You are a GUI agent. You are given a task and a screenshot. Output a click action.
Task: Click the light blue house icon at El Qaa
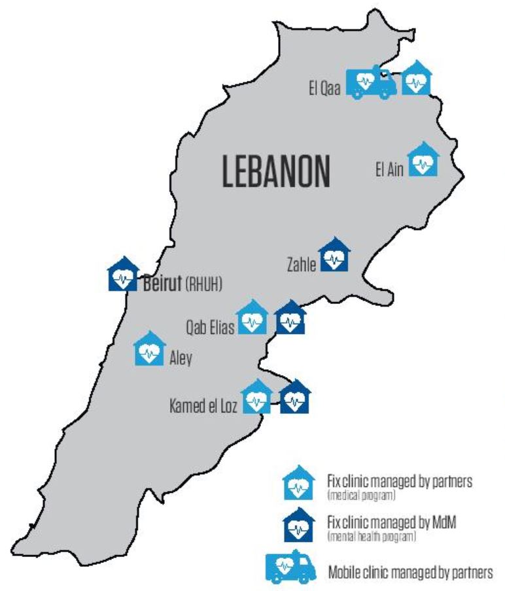click(x=417, y=78)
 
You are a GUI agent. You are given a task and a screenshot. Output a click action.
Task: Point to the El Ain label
click(x=389, y=170)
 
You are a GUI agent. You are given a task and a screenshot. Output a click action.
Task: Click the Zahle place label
click(x=302, y=265)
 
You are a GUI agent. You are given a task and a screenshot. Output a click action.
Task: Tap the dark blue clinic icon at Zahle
click(x=335, y=256)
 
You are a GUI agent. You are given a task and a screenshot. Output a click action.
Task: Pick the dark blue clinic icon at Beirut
click(x=122, y=275)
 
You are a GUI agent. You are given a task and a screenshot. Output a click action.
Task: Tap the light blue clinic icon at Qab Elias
click(x=252, y=318)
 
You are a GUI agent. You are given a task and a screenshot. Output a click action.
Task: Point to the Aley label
click(x=180, y=359)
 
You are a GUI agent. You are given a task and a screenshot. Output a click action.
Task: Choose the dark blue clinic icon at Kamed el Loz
click(x=295, y=397)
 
